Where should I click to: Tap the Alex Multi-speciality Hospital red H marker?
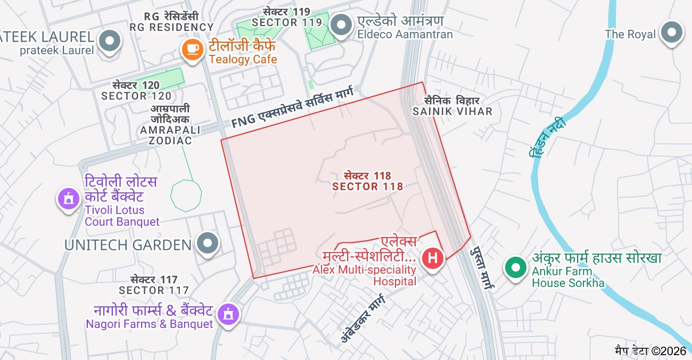433,259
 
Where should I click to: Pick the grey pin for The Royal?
672,32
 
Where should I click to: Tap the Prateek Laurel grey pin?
110,40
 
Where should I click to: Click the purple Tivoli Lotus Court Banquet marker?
68,199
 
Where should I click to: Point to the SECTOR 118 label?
367,181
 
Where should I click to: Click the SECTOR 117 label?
154,285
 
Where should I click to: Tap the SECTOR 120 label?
136,91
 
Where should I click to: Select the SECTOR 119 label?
287,17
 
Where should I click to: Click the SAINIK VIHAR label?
452,106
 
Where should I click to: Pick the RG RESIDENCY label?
171,21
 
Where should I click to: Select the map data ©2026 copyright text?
650,350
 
